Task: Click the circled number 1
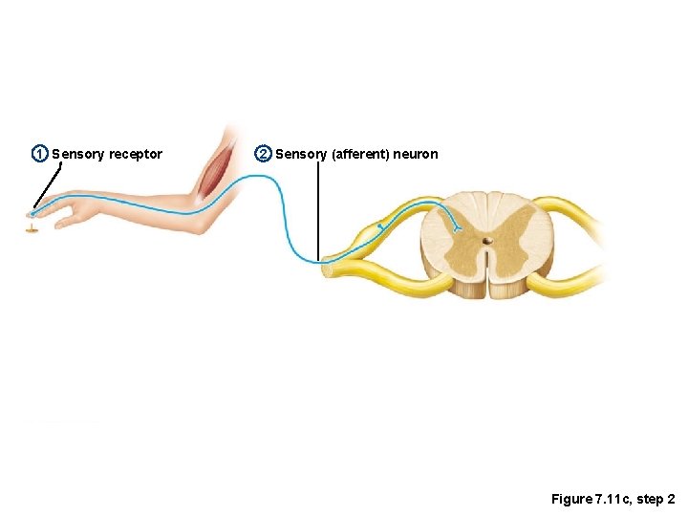pyautogui.click(x=39, y=154)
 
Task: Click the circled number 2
pyautogui.click(x=263, y=154)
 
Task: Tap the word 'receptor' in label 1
pyautogui.click(x=135, y=154)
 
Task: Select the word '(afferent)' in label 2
pyautogui.click(x=359, y=154)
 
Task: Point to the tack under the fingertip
pyautogui.click(x=33, y=228)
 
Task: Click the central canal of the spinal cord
pyautogui.click(x=487, y=242)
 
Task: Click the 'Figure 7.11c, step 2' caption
pyautogui.click(x=613, y=500)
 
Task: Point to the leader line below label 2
pyautogui.click(x=318, y=210)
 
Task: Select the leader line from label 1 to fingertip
pyautogui.click(x=49, y=184)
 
